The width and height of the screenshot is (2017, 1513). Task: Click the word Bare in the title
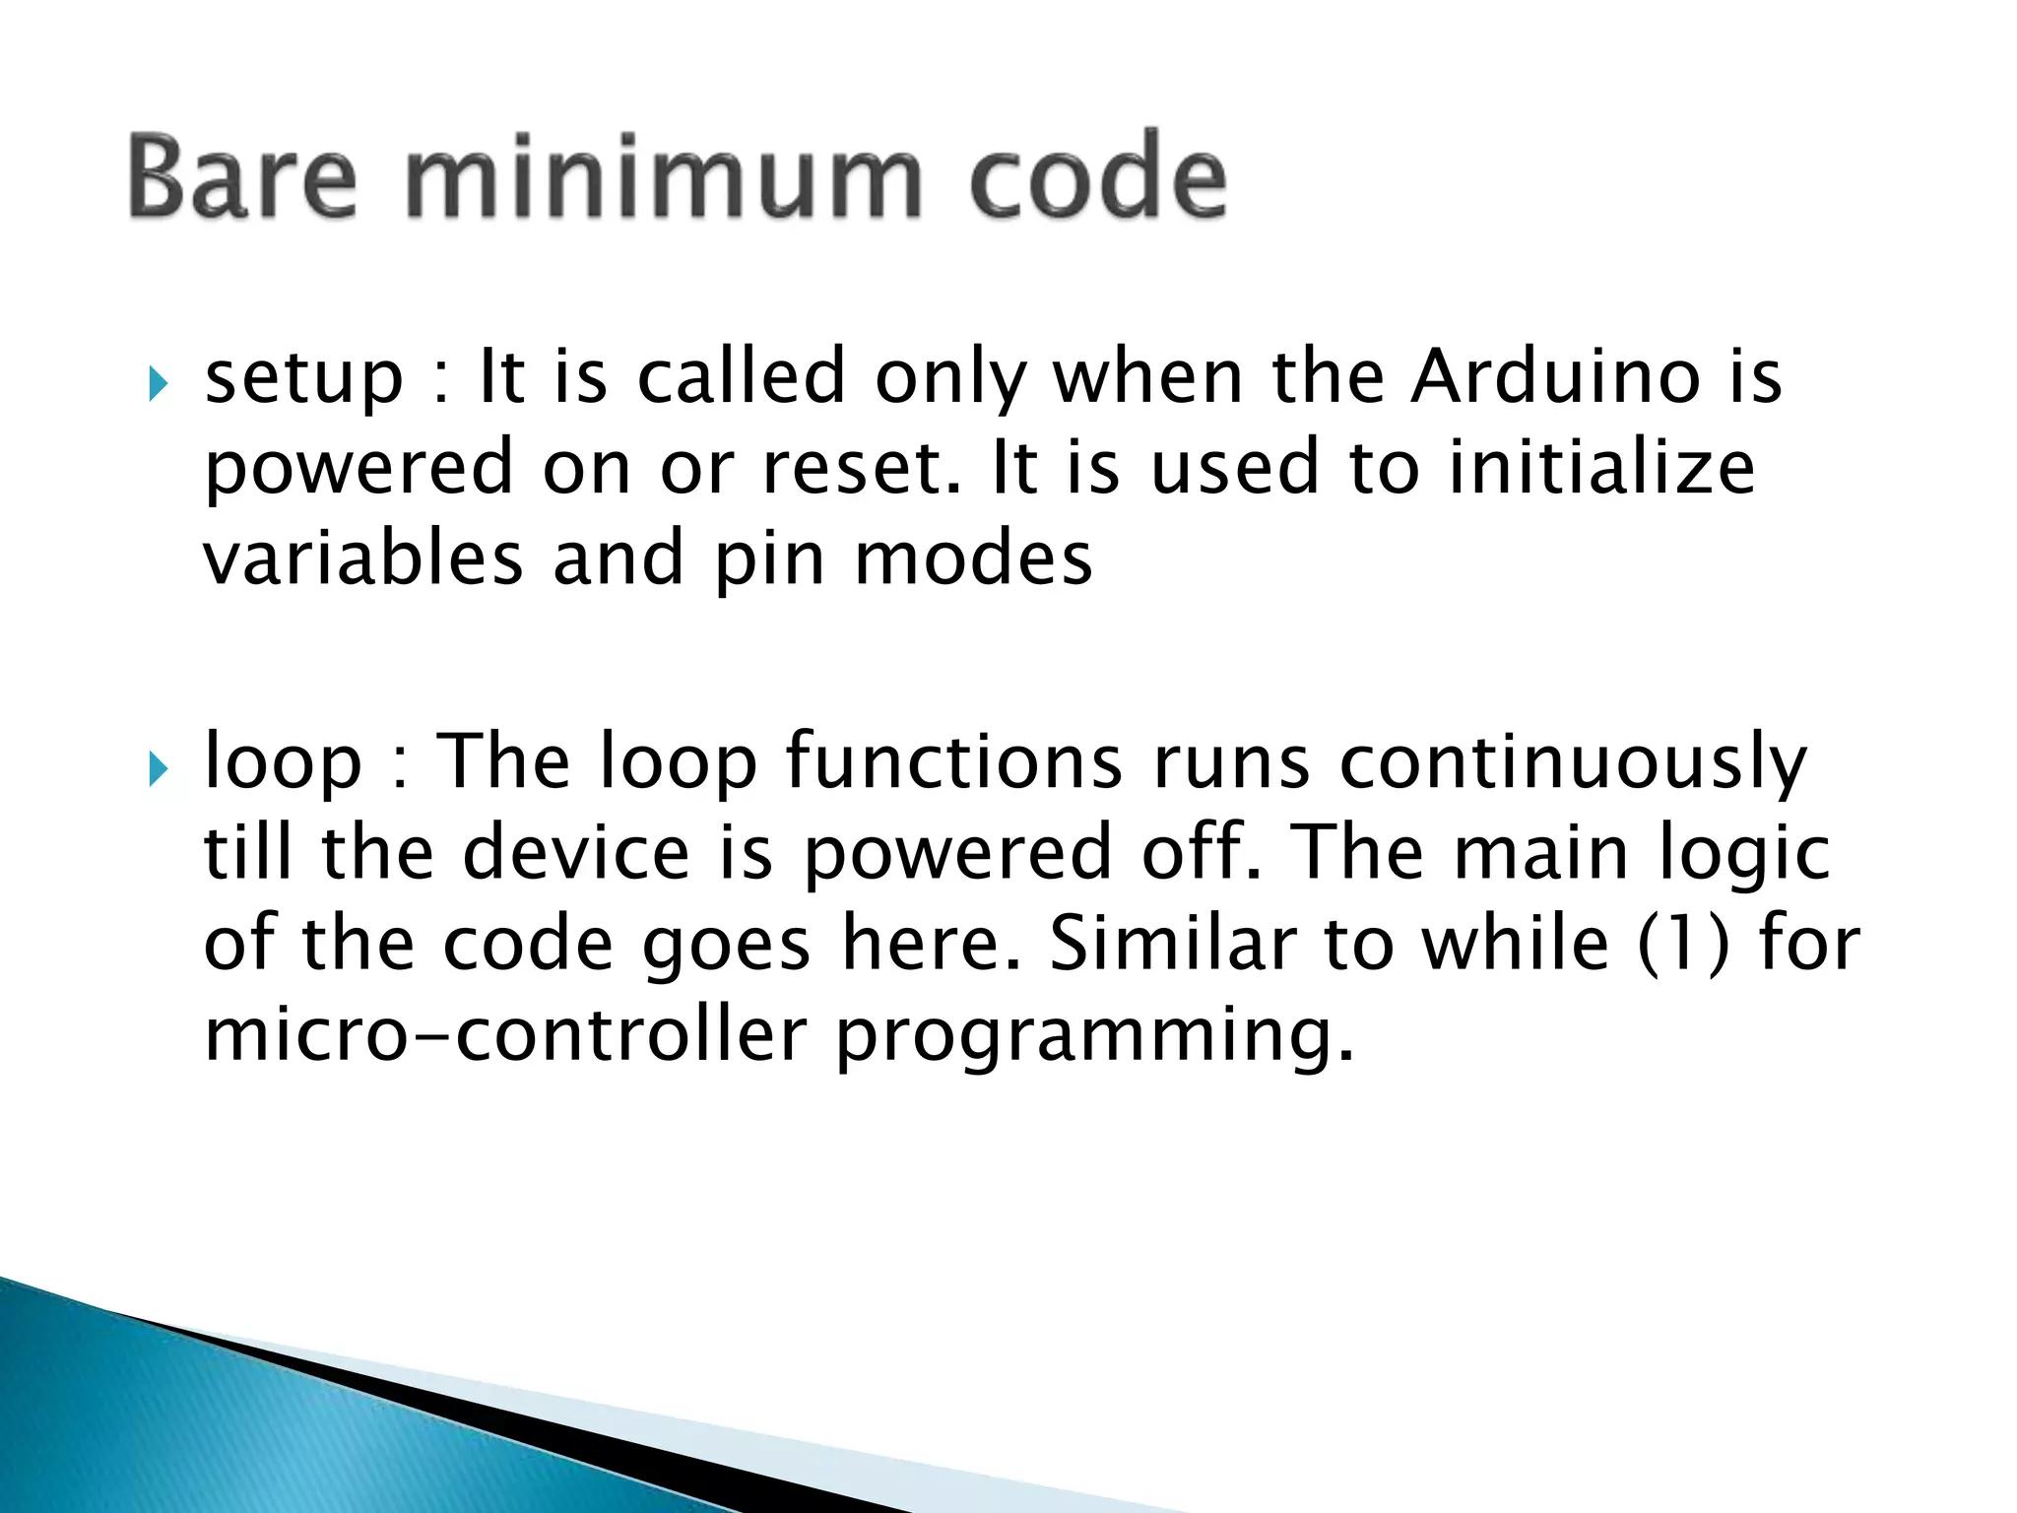[x=241, y=178]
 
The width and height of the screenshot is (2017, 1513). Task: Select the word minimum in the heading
[x=663, y=178]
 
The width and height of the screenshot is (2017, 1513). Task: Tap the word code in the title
[x=1098, y=178]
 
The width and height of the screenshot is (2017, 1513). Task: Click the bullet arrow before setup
[x=159, y=383]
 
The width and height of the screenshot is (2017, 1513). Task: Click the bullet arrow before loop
[x=159, y=768]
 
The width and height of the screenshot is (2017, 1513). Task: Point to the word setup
[x=303, y=379]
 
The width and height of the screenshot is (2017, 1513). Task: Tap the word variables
[x=362, y=558]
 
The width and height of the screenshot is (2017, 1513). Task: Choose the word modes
[x=973, y=558]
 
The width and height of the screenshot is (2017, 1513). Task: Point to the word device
[x=576, y=852]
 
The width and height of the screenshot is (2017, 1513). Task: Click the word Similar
[x=1172, y=943]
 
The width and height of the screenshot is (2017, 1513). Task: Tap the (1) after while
[x=1683, y=944]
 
